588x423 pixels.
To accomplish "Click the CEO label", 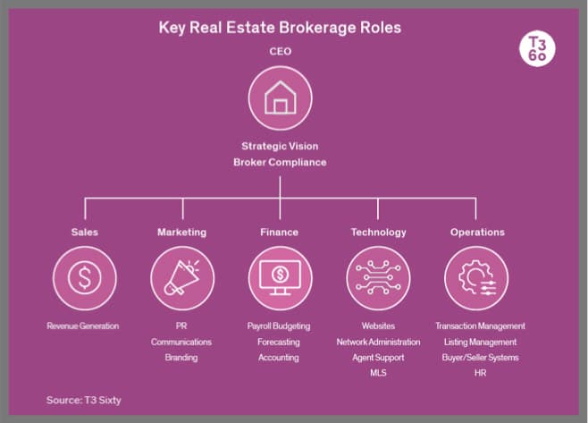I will [x=281, y=52].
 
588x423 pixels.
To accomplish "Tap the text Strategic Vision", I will [x=280, y=146].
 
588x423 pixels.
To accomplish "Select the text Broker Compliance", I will [x=280, y=162].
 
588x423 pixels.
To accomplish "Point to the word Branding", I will [x=181, y=358].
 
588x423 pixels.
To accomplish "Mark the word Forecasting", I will [x=279, y=342].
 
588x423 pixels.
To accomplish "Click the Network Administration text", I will [x=378, y=342].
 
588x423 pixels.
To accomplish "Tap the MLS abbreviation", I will [x=378, y=373].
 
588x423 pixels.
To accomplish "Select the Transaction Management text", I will [x=480, y=326].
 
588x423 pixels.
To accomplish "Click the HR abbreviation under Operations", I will [x=480, y=373].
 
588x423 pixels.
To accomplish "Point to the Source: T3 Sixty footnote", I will [x=83, y=400].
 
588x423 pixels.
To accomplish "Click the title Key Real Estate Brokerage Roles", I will [x=280, y=28].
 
